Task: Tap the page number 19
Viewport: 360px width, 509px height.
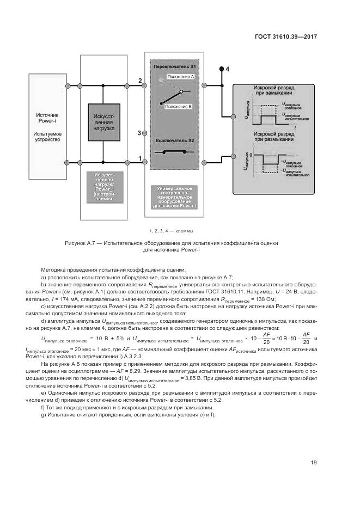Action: [x=314, y=463]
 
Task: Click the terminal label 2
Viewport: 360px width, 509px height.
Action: [x=140, y=81]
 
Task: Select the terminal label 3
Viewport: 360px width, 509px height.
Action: [x=139, y=133]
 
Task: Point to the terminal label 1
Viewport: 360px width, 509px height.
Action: [x=140, y=158]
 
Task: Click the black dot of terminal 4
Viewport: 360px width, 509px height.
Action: [x=221, y=70]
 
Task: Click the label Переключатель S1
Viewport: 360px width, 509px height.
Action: [x=174, y=67]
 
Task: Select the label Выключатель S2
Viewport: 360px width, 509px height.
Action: [x=174, y=141]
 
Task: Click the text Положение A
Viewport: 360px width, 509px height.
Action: [x=180, y=77]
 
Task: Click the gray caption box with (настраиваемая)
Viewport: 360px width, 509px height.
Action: [x=103, y=186]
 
